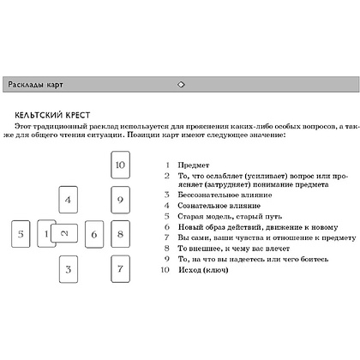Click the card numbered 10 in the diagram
pos(120,165)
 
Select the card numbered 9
pos(120,200)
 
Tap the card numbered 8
pos(120,234)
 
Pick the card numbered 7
pos(120,269)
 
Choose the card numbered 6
pos(94,234)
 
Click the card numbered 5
pos(21,234)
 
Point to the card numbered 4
pos(68,200)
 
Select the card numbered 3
pos(69,269)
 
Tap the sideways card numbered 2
pos(64,233)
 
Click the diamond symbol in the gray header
pos(181,85)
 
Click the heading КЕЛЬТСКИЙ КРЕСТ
pos(52,115)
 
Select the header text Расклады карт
pos(35,85)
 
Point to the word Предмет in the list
pos(194,165)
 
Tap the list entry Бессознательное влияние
pos(225,195)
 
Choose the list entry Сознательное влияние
pos(219,206)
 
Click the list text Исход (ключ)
pos(203,270)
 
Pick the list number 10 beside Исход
pos(165,270)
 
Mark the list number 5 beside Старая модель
pos(167,216)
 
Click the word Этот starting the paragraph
pos(23,126)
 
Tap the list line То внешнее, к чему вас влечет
pos(234,249)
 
